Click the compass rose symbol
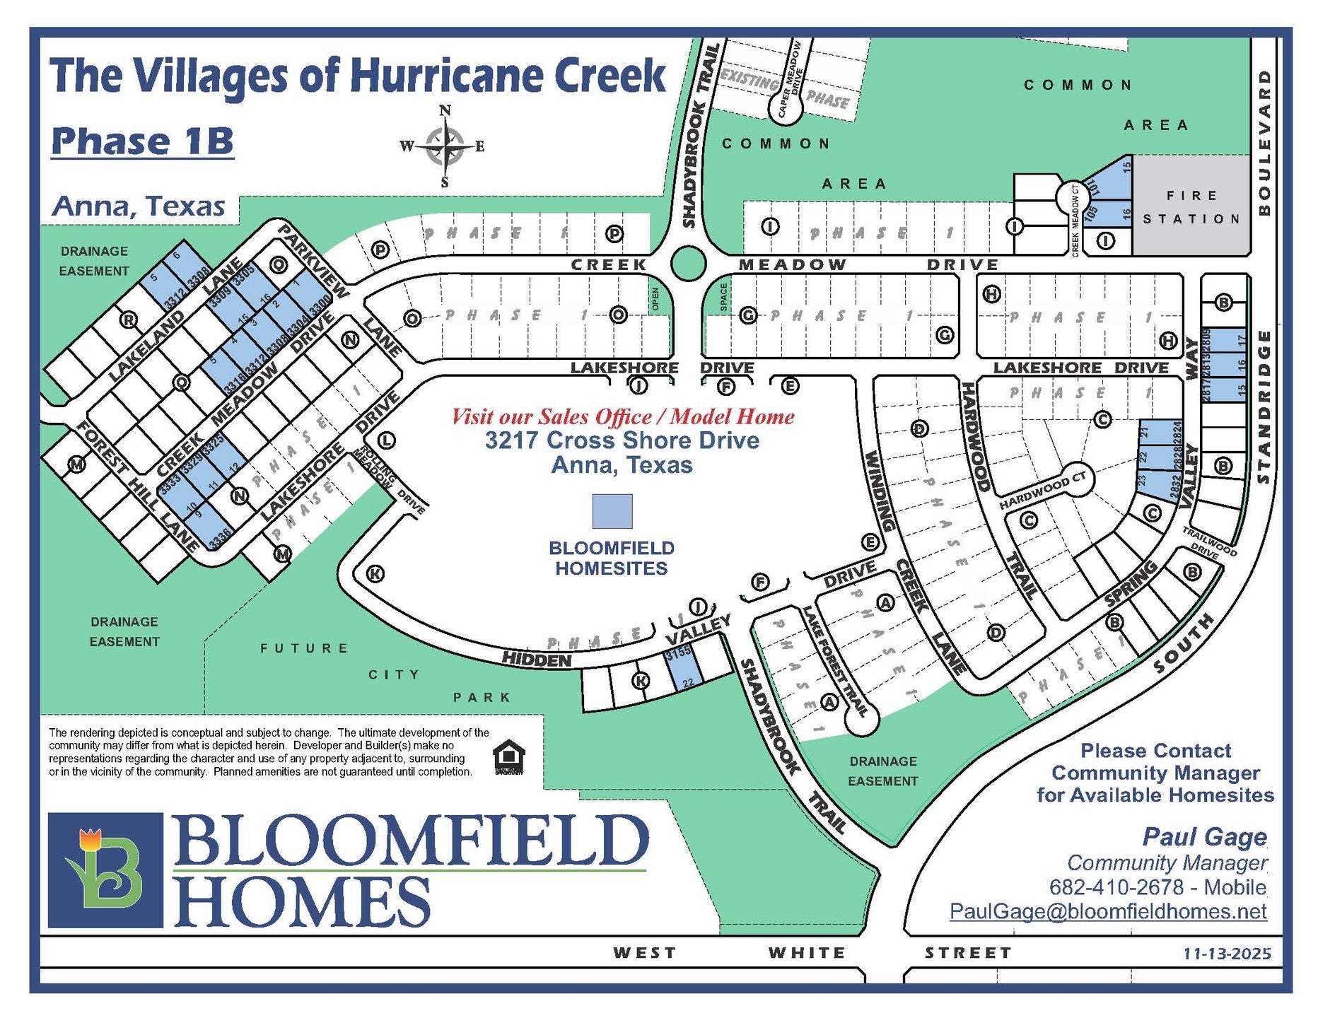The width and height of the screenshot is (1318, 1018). pos(445,146)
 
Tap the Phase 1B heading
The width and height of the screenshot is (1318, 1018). pos(142,141)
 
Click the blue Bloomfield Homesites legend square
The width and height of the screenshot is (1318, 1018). pos(612,511)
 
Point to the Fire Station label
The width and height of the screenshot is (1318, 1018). pos(1191,207)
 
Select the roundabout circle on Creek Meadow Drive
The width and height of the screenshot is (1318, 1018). pos(688,264)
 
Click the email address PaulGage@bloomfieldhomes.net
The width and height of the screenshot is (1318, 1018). pos(1107,911)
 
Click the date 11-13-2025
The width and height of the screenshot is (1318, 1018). pos(1227,954)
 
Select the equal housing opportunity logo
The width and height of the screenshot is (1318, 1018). pos(509,758)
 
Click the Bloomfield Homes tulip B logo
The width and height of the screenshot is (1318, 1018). pos(105,870)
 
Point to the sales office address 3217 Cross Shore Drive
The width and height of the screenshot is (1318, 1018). pos(622,440)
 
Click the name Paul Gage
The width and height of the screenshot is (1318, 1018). pos(1204,837)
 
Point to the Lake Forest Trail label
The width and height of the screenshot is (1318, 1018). pos(835,661)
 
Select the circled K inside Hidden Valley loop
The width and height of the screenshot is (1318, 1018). pos(375,573)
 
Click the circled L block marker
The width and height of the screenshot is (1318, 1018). pos(386,440)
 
